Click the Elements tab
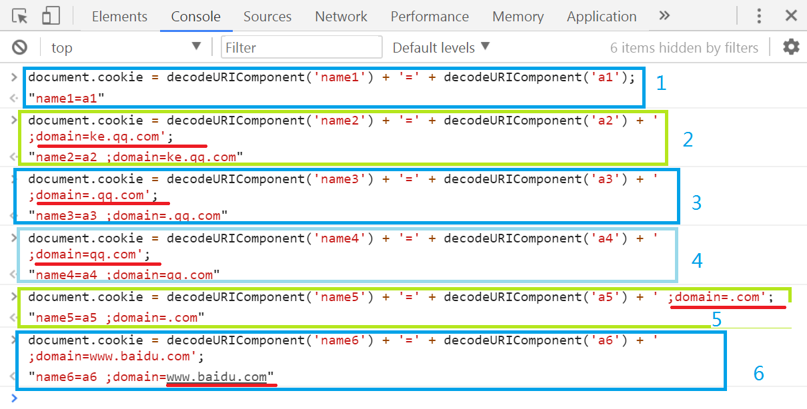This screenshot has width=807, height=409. [x=119, y=17]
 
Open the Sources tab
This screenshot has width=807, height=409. [x=267, y=17]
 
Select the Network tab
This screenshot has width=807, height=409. [x=341, y=17]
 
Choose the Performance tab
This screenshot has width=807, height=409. [x=430, y=17]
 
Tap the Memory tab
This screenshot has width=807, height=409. [x=518, y=17]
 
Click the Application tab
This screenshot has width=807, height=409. [x=602, y=17]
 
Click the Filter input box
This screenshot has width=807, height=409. [x=302, y=47]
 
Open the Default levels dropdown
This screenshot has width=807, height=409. [x=441, y=47]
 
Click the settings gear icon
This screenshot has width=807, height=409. [x=791, y=47]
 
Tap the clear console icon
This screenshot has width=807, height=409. [x=20, y=47]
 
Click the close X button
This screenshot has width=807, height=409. [x=791, y=16]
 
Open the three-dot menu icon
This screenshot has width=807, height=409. [x=759, y=16]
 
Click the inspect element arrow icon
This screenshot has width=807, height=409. [x=20, y=16]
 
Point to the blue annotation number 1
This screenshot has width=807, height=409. [x=661, y=83]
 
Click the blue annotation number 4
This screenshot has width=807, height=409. [x=697, y=260]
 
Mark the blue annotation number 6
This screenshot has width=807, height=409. [x=758, y=374]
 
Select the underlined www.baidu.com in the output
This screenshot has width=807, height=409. [x=217, y=377]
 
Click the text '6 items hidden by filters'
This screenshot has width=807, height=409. [x=684, y=48]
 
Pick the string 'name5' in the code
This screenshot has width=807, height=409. [x=341, y=297]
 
